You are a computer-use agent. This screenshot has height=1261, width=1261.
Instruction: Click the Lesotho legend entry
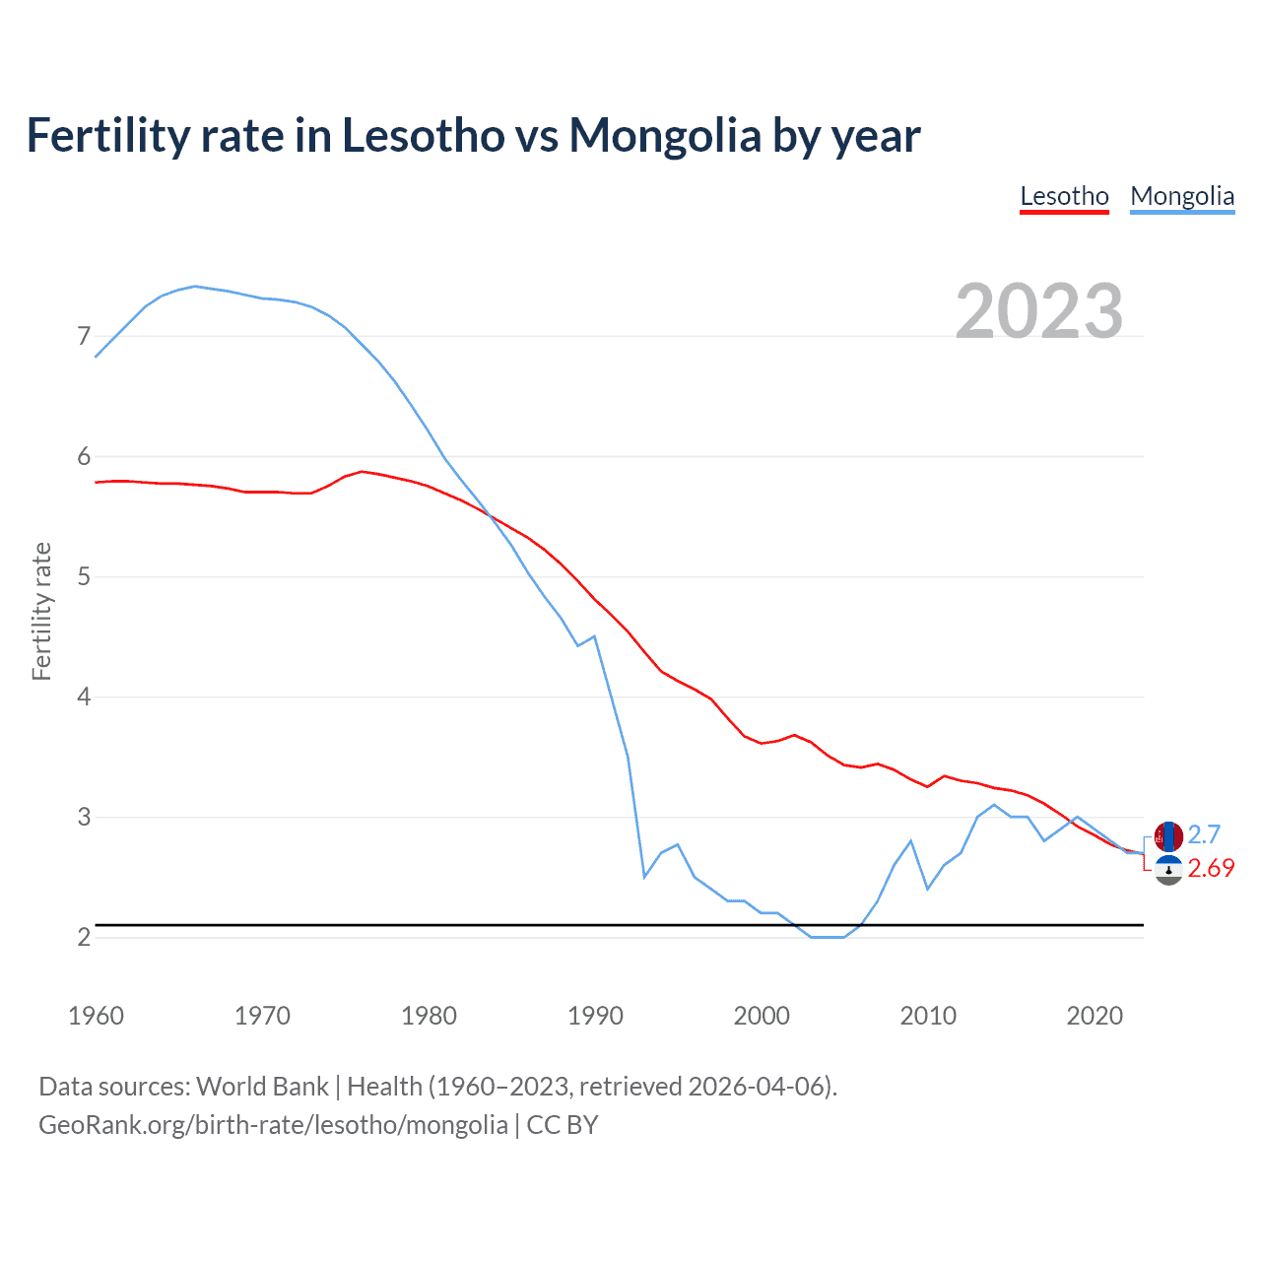1064,196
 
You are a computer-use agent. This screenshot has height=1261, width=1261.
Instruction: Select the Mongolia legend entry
1182,196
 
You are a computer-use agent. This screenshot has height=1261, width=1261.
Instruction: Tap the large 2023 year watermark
1039,311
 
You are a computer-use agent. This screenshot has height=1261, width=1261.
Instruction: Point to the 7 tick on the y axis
84,337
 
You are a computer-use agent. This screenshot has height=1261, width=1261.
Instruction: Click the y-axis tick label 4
84,697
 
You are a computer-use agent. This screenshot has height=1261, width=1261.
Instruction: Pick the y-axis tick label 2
84,937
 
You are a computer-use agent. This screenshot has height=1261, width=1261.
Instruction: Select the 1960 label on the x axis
96,1016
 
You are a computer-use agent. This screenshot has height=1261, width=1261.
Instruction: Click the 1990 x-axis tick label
595,1016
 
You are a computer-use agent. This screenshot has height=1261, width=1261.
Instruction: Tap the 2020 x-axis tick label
1095,1016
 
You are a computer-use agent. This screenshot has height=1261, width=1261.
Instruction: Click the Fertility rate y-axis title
41,611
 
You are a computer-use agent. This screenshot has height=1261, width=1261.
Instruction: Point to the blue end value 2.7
1204,835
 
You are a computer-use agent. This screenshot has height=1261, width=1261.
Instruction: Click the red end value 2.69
1211,868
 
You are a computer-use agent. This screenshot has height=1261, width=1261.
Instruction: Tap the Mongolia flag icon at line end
1168,836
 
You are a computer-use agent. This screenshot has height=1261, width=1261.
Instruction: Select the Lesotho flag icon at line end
1168,870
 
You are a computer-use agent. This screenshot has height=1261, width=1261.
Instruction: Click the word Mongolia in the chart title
665,135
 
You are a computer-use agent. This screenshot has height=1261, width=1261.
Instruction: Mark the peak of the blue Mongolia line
195,286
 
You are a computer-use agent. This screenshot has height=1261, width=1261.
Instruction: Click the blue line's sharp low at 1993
644,876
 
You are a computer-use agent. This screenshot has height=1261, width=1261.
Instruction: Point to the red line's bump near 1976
362,472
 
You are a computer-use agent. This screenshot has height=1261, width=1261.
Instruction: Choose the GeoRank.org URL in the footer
273,1125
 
